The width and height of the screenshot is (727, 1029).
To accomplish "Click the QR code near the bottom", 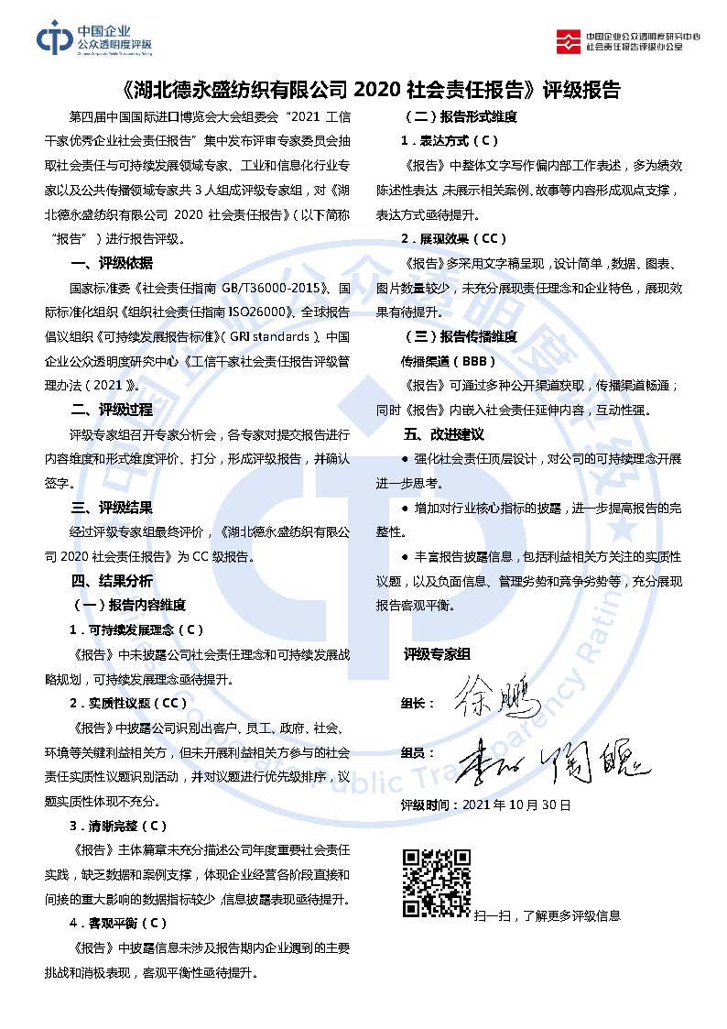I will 438,883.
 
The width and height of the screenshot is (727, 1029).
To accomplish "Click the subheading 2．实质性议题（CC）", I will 128,704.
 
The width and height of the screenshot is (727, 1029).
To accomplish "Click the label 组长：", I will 417,704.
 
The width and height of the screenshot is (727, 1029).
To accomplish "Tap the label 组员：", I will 417,752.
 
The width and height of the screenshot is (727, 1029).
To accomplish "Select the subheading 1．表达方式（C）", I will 450,141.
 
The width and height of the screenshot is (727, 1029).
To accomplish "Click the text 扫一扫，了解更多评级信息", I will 547,915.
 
